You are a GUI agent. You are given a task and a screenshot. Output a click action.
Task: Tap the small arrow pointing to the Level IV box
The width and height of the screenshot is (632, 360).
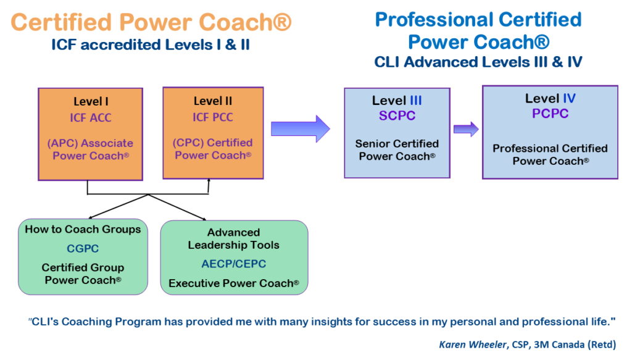(466, 128)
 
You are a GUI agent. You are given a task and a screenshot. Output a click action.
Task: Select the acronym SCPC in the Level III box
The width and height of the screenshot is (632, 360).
(397, 115)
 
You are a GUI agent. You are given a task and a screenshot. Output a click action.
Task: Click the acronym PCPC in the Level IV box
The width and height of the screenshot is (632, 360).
(550, 114)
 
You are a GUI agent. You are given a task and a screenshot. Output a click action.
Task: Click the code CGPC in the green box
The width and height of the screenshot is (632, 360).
(83, 249)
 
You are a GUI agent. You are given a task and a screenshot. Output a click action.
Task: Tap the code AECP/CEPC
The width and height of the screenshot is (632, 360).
(233, 264)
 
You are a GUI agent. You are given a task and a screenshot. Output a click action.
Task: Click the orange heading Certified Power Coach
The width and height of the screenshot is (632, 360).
(151, 23)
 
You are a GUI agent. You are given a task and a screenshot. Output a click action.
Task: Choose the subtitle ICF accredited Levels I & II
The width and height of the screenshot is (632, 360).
(151, 45)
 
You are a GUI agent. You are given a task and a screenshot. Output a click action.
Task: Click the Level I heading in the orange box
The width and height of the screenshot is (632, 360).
(91, 101)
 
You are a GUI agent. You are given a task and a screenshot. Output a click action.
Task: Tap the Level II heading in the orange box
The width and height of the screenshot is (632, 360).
(213, 101)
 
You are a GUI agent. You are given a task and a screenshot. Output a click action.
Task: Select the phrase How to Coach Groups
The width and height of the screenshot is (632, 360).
(83, 230)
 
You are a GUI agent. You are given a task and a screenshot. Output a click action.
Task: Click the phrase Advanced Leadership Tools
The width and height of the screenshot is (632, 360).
(233, 238)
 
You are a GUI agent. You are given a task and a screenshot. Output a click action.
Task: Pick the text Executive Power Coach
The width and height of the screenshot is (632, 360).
(233, 283)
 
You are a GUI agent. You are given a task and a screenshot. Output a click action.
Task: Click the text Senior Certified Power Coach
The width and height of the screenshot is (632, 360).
(397, 150)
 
